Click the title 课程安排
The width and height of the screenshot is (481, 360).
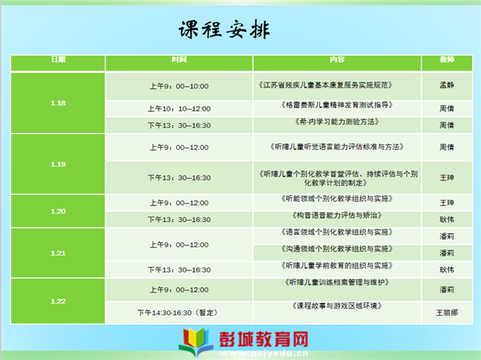(x=224, y=30)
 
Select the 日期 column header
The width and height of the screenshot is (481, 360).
(x=59, y=59)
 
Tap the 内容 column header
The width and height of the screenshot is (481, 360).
(x=338, y=59)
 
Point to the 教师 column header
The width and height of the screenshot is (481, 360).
(x=447, y=59)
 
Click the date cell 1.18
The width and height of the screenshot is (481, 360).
(x=59, y=103)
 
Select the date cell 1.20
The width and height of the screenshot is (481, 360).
(x=59, y=211)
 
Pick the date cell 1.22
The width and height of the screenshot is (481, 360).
(x=59, y=301)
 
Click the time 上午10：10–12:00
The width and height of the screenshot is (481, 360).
(x=179, y=109)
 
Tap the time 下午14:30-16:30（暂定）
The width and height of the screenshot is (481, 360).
(x=179, y=313)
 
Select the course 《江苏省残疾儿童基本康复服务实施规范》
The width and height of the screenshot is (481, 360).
(x=325, y=85)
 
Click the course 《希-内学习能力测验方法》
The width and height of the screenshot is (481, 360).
(x=338, y=122)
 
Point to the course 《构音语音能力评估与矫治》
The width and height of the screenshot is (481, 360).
(x=338, y=215)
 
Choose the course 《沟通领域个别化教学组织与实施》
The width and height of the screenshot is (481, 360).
(x=338, y=249)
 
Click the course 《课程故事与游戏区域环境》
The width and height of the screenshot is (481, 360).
(x=338, y=305)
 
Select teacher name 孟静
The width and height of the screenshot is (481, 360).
(x=447, y=85)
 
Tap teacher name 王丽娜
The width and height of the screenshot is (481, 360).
(x=447, y=313)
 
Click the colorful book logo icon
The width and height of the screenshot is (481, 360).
(x=196, y=342)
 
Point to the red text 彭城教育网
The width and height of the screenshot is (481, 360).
(x=264, y=339)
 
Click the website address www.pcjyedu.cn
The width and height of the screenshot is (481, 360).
(x=264, y=354)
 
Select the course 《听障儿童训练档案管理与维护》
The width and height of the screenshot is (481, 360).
(x=338, y=282)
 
